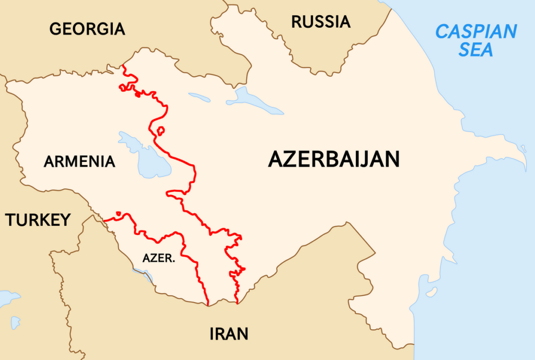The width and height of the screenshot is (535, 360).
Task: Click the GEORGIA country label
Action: tap(87, 29)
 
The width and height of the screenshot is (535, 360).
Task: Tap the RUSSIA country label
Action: tap(321, 22)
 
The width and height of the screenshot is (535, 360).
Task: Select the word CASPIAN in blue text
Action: tap(476, 32)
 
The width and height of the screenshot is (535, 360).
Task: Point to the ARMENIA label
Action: tap(79, 161)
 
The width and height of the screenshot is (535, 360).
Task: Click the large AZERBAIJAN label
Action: tap(334, 159)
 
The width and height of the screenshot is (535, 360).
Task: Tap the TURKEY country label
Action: tap(38, 220)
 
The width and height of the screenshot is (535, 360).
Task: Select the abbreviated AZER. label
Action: tap(158, 258)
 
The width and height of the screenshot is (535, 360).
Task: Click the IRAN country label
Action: tap(229, 333)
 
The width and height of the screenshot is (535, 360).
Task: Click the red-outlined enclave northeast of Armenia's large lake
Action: tap(160, 130)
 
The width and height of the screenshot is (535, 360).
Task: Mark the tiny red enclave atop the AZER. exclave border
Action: tap(119, 213)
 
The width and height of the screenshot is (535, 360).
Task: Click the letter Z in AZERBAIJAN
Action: tap(293, 159)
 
